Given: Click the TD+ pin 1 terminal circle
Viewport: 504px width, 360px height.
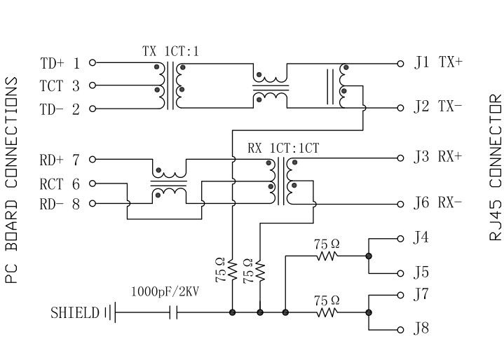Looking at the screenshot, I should coord(93,62).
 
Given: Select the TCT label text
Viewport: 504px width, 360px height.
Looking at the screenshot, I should coord(52,86).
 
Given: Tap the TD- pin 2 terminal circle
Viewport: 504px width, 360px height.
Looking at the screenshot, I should coord(93,109).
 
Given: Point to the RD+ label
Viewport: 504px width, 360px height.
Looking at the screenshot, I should coord(51,160).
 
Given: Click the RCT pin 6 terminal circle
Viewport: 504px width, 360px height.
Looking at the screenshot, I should coord(93,184).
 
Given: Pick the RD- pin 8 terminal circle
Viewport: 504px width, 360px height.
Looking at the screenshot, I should coord(93,204).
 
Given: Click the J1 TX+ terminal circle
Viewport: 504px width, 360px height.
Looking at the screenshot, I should coord(401,62).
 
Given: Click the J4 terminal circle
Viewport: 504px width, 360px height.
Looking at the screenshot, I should coord(401,238).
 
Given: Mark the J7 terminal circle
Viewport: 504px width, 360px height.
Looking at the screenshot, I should coord(401,294).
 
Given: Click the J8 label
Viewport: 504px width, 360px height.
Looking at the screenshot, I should coord(421,328).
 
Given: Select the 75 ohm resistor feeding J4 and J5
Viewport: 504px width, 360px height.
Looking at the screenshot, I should coord(327,256).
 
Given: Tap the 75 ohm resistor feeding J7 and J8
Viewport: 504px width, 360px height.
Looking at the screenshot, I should coord(327,312).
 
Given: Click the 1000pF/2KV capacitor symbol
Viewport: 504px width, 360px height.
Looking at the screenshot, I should coord(173,312).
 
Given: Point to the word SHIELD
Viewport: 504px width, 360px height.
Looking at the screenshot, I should coord(75,312).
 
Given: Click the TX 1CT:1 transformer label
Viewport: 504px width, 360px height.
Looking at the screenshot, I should coord(171,51).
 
